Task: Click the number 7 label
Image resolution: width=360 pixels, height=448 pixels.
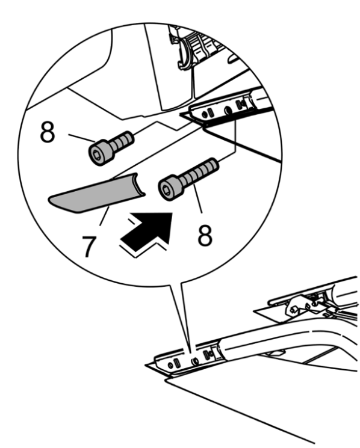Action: tap(88, 247)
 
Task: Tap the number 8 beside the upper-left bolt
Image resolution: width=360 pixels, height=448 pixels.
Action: tap(48, 132)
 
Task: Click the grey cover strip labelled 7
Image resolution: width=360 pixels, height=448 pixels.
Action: tap(97, 193)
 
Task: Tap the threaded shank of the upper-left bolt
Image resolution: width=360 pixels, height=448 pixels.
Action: tap(122, 141)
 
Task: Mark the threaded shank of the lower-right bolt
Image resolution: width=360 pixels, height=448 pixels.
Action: tap(199, 171)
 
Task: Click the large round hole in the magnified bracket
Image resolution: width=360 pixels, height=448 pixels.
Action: tap(228, 111)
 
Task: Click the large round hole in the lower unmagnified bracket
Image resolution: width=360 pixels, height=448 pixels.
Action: tap(195, 361)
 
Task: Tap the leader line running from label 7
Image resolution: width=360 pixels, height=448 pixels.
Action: tap(105, 216)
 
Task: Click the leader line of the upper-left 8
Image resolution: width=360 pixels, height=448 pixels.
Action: tap(81, 138)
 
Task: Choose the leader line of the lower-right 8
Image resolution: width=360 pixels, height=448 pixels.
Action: tap(198, 198)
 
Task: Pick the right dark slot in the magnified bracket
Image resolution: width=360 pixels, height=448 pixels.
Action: tap(239, 105)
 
